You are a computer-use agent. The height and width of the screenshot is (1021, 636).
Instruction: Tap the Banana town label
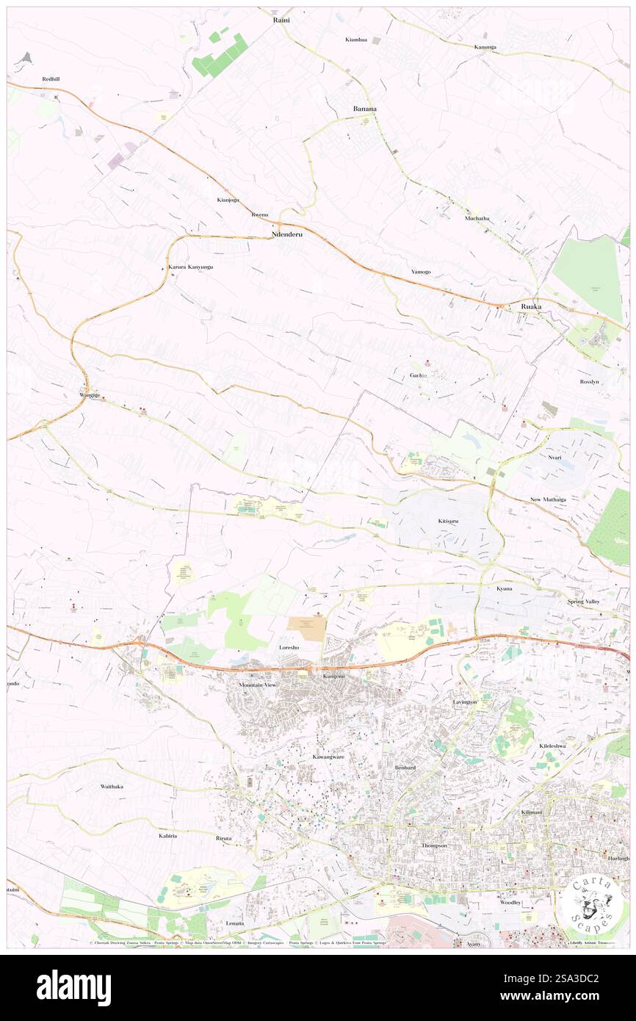[364, 109]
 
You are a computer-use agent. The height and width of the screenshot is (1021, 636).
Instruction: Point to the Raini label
[281, 20]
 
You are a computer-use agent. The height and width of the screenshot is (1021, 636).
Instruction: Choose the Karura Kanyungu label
[190, 267]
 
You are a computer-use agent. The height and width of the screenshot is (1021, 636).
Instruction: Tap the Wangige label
[90, 394]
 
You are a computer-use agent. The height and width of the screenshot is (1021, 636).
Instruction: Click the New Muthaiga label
[548, 499]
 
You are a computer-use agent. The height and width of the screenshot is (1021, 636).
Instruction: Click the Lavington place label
[465, 701]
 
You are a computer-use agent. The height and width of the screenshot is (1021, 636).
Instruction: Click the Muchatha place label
[477, 218]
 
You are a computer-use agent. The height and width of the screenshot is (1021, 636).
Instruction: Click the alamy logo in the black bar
[73, 987]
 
